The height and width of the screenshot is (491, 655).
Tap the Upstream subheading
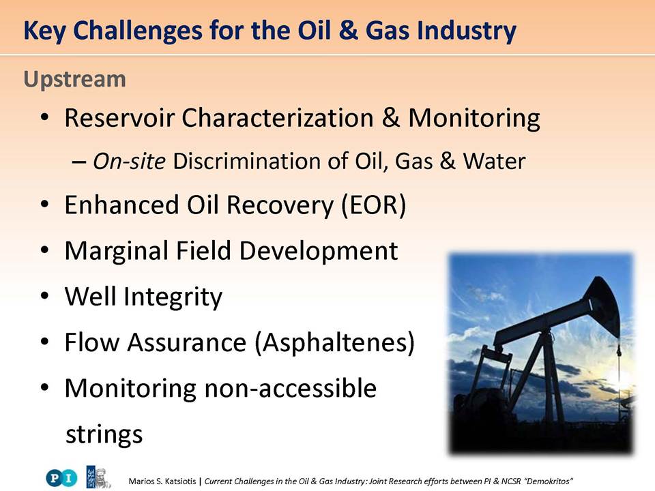click(75, 80)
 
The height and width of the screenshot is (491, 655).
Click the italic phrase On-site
click(129, 161)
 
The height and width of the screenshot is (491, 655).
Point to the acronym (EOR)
click(374, 205)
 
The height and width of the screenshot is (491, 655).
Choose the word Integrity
click(173, 297)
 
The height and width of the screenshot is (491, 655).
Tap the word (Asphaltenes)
click(334, 343)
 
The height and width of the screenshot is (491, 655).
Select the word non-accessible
click(291, 388)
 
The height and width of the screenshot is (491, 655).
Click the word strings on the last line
click(104, 434)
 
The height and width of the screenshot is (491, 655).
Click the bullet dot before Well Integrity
click(45, 297)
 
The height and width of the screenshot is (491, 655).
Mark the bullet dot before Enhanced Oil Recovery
click(45, 205)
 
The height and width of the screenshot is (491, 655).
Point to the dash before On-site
click(78, 162)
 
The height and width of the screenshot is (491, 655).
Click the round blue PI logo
click(61, 478)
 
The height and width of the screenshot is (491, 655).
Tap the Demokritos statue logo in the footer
click(98, 477)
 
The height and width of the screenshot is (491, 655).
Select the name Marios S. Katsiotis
click(162, 481)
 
